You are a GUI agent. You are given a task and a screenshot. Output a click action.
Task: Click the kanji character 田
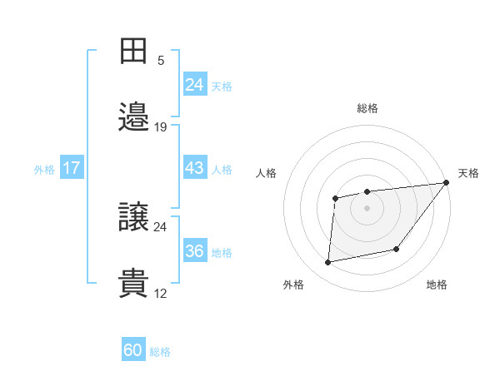[x=133, y=52]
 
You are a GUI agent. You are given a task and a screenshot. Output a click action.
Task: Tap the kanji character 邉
[x=133, y=117]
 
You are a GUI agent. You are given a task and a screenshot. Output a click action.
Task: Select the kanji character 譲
[x=133, y=216]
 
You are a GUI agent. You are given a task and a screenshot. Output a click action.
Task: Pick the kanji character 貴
[x=133, y=283]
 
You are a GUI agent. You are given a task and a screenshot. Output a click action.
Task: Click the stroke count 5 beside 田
[x=161, y=60]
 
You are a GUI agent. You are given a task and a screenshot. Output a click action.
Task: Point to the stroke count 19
[x=161, y=126]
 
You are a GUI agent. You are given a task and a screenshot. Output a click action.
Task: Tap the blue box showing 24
[x=194, y=85]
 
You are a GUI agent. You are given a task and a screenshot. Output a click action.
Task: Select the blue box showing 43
[x=194, y=168]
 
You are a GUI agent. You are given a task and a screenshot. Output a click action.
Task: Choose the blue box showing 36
[x=194, y=251]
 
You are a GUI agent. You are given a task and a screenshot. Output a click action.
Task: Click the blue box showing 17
[x=72, y=168]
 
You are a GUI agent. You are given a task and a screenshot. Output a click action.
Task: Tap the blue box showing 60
[x=133, y=350]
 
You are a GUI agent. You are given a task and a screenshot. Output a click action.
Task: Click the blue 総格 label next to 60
[x=160, y=352]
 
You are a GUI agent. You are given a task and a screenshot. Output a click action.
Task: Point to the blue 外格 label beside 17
[x=44, y=169]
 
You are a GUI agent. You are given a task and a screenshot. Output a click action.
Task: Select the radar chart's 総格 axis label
[x=367, y=108]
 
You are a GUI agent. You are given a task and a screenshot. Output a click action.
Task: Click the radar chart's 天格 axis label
[x=468, y=173]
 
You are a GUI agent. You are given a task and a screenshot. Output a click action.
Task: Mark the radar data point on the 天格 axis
[x=446, y=183]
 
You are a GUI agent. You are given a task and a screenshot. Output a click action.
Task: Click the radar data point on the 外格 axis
[x=328, y=263]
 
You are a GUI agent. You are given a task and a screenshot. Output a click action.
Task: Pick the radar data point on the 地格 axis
[x=397, y=249]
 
